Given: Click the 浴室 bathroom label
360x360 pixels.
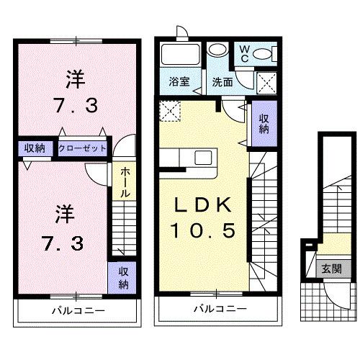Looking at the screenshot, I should [x=180, y=81].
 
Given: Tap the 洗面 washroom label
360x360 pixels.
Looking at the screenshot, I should [x=222, y=81].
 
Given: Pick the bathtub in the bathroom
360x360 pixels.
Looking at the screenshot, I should [x=181, y=55].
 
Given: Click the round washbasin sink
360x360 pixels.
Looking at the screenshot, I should [x=217, y=51].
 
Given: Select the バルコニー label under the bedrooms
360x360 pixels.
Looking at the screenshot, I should [x=78, y=310].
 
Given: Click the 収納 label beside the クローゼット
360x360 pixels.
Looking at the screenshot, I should [x=34, y=148].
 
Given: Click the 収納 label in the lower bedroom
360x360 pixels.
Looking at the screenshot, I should [x=124, y=277].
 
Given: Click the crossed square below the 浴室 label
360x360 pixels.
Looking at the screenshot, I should [x=170, y=109].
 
